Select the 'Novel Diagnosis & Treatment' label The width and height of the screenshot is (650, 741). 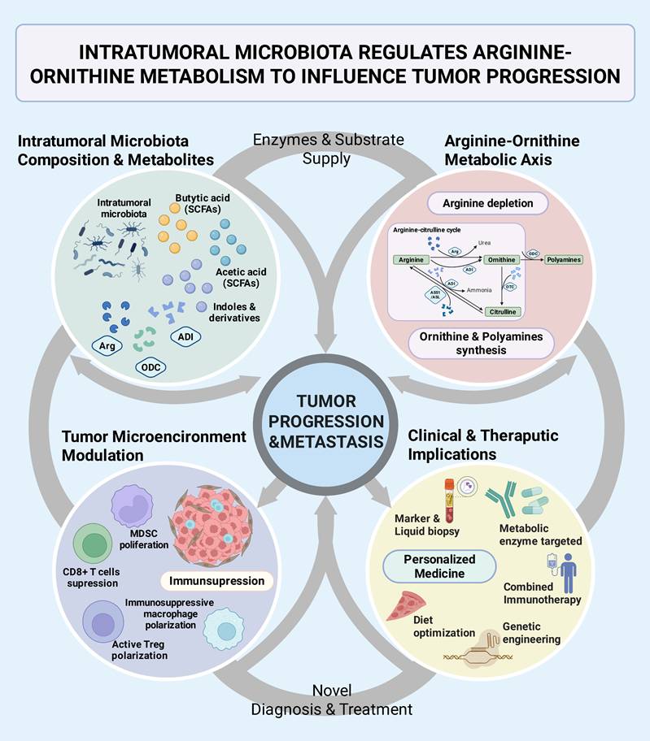point(330,700)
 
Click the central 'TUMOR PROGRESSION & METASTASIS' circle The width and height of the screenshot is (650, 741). point(326,421)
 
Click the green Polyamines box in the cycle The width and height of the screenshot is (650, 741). point(563,259)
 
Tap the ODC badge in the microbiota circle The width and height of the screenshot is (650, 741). point(152,367)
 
